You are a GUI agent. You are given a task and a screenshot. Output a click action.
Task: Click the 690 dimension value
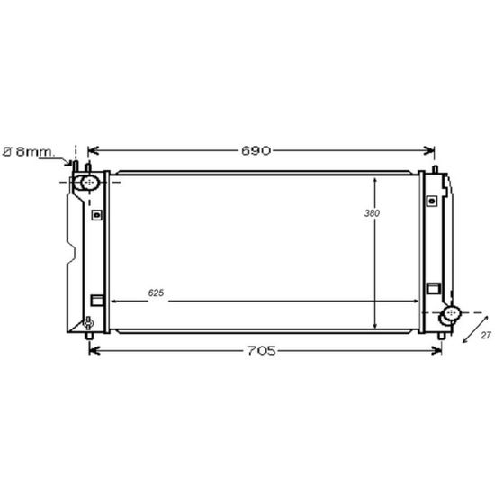coord(256,150)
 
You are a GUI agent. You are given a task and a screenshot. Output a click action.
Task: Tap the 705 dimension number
coord(262,350)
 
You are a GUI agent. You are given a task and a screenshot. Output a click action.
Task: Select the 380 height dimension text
coord(372,213)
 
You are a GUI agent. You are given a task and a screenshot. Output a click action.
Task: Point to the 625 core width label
coord(156,293)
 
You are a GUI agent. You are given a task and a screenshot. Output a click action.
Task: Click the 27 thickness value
coord(486,336)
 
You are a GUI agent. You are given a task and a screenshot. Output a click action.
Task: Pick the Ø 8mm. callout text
coord(29,152)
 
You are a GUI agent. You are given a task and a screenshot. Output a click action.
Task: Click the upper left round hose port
coord(90,183)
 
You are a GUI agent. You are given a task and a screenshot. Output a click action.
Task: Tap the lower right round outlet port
coord(452,313)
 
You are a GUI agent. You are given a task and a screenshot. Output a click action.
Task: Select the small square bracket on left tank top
coord(97,215)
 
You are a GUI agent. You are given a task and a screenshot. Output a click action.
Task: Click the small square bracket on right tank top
coord(431,201)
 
